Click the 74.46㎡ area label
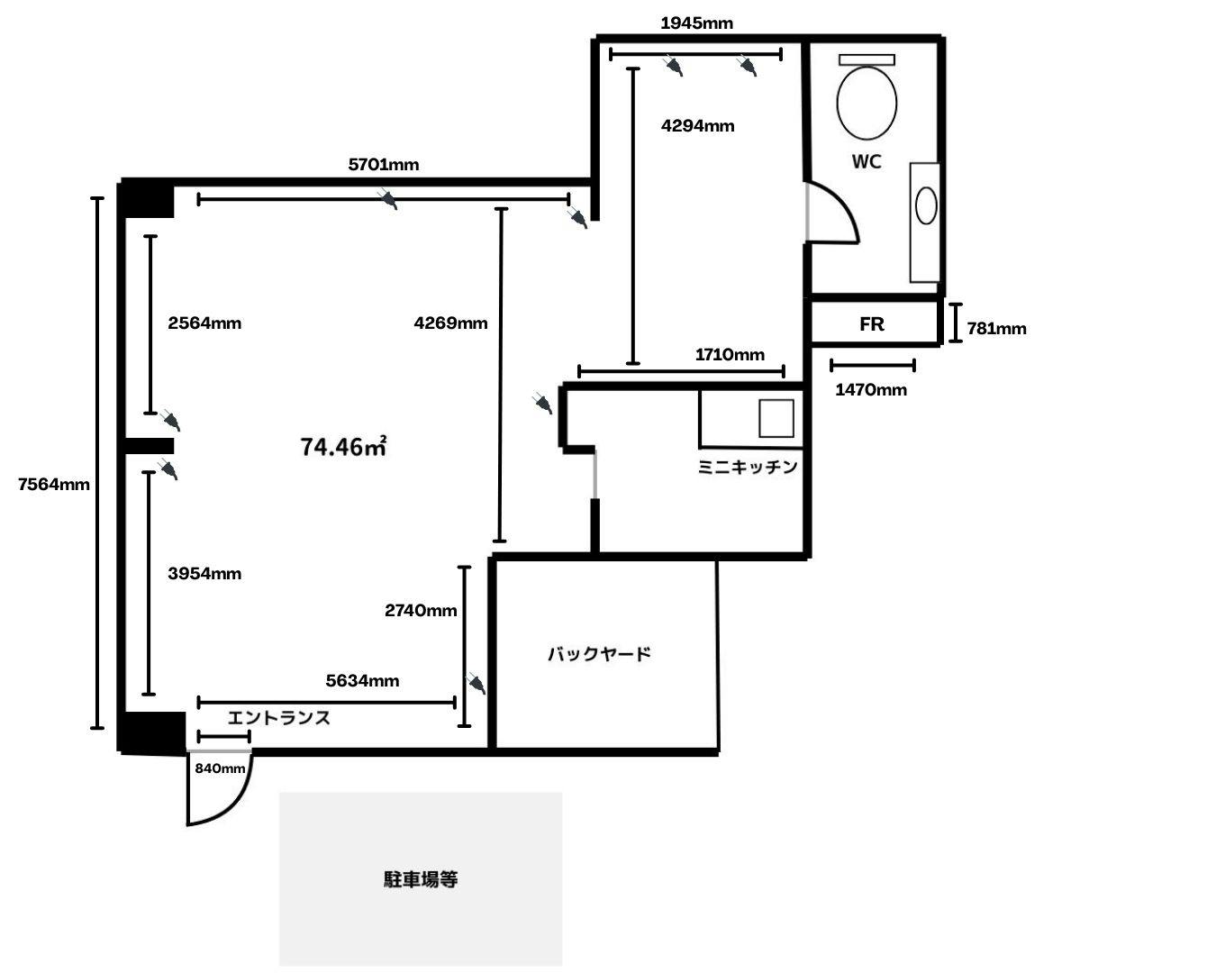pos(343,446)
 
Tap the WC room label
pos(867,162)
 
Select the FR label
pos(871,324)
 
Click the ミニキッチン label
pos(748,467)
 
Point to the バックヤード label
pos(599,654)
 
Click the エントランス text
pos(278,718)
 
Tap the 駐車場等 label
pos(421,879)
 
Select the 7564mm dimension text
pos(54,484)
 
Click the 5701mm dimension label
pos(384,165)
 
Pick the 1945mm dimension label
pos(696,23)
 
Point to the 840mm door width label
pos(220,768)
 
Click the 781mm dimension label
pos(996,329)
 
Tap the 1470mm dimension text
pos(871,390)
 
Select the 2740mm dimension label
pos(421,611)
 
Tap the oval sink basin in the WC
pos(926,205)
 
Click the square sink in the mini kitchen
pos(775,418)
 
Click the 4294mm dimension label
pos(697,126)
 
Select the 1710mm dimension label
pos(730,355)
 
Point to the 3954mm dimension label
pos(204,574)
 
